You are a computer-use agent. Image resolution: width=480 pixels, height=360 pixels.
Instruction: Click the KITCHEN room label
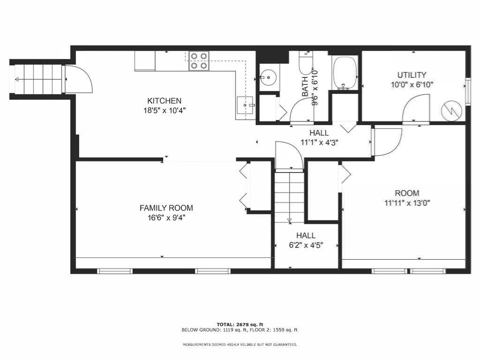pos(165,101)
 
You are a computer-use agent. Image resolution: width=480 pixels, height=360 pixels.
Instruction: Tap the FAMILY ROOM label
pos(166,208)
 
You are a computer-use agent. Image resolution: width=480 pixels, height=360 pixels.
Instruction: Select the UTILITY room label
pos(412,75)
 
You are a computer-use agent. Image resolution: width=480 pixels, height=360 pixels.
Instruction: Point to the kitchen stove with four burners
pos(199,61)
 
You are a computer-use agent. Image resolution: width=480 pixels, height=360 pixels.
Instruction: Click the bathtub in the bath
pos(345,73)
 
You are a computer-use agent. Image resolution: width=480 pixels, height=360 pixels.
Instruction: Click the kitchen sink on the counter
pos(245,105)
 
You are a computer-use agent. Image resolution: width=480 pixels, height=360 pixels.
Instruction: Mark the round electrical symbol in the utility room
pos(450,111)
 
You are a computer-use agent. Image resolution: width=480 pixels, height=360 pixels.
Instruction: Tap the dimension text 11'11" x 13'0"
pos(407,203)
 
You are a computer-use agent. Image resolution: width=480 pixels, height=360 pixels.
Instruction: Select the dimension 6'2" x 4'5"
pos(306,245)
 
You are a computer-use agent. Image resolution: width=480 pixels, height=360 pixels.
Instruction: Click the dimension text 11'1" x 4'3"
pos(319,142)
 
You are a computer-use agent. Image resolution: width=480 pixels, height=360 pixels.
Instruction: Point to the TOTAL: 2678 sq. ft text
pos(240,324)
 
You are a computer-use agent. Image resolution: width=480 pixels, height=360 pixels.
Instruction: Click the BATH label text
pos(305,87)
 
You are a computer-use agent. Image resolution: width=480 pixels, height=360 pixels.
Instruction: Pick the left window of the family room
pos(115,271)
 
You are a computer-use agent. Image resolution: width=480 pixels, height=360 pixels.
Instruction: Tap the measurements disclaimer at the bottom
pos(240,345)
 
